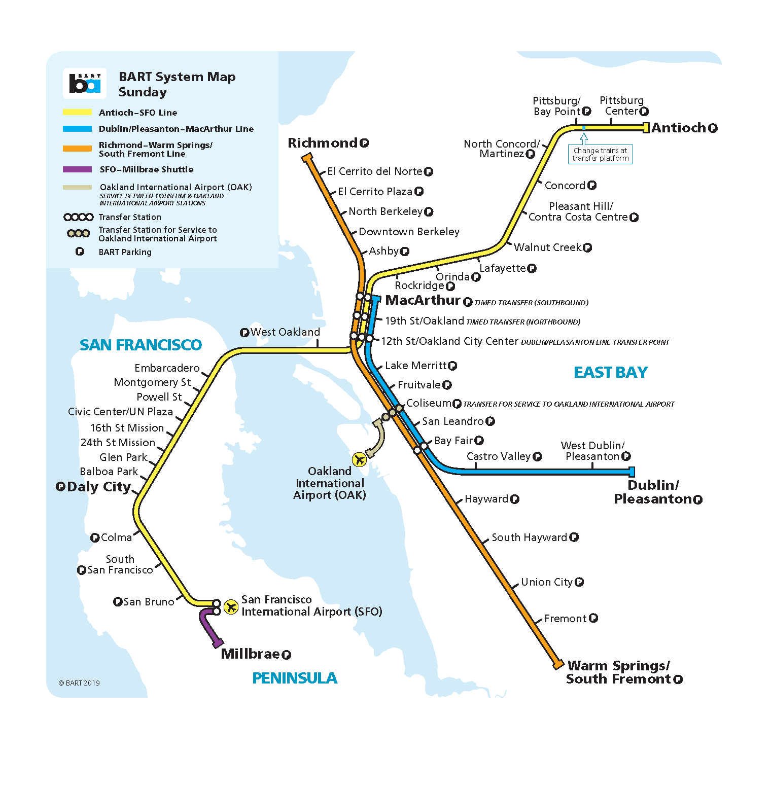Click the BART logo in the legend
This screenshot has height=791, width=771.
coord(85,83)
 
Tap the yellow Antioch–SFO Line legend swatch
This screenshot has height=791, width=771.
coord(77,113)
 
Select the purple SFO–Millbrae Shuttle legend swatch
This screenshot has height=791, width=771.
coord(77,169)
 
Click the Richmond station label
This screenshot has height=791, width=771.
coord(323,143)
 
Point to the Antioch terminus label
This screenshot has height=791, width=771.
coord(679,128)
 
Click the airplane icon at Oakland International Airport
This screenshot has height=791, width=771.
coord(359,459)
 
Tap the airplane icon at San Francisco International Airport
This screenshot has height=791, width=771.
coord(231,606)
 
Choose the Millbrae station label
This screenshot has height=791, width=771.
coord(250,654)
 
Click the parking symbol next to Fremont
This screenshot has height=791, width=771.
coord(593,618)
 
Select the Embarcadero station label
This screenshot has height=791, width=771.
coord(167,368)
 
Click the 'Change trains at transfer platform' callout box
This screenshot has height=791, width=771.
coord(600,154)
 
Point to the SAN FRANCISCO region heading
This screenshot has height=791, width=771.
coord(141,345)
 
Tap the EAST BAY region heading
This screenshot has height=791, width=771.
coord(611,372)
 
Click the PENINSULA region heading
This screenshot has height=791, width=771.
coord(295,678)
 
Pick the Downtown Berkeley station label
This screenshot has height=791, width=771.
coord(409,232)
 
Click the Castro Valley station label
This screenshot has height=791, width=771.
coord(498,456)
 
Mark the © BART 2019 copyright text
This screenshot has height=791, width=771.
coord(79,683)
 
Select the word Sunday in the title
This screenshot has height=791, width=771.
coord(143,92)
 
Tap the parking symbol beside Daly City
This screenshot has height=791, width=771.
coord(60,487)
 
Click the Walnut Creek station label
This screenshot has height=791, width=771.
coord(547,247)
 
